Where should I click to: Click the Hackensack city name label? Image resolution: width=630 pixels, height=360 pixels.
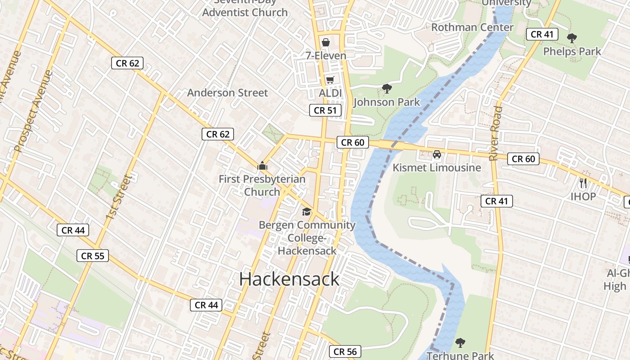point(289,279)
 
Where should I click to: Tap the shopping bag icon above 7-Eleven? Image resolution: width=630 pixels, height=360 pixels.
point(326,43)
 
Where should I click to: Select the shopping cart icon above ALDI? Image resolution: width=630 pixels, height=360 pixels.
point(330,80)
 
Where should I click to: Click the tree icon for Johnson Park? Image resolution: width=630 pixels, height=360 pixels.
point(387,89)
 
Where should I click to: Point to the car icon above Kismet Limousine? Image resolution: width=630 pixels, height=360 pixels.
point(436,155)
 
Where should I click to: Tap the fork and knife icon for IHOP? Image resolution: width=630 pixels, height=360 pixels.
point(584,183)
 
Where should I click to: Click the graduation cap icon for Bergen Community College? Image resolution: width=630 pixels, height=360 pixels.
point(306,211)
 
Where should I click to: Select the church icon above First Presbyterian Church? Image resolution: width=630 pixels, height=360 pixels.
point(262,166)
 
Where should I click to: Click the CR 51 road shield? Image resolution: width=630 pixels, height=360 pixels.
point(325,110)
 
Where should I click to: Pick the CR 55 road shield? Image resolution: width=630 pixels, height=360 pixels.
point(92,256)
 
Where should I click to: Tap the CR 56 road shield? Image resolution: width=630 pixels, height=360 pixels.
point(345,351)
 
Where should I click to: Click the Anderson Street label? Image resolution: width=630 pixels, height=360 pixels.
point(227,93)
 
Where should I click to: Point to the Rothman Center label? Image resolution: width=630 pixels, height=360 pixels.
point(472,27)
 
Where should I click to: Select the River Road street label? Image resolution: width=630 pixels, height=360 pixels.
point(495,134)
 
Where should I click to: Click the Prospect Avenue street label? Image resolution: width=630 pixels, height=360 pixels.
point(33,111)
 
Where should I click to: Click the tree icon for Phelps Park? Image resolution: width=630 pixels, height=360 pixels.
point(572,39)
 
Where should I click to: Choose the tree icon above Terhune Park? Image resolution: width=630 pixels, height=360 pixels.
point(460,343)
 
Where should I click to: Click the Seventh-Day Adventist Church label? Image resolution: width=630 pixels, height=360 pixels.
point(245,9)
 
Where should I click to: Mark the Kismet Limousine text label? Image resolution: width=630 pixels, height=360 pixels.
point(436,168)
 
